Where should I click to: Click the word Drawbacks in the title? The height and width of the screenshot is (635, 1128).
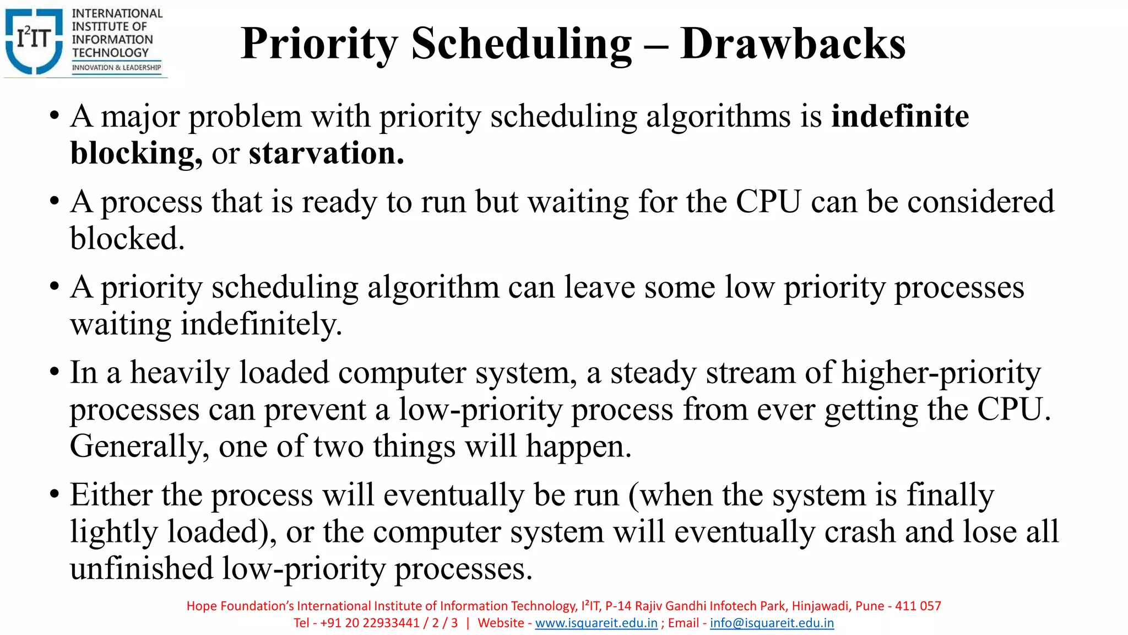click(x=793, y=44)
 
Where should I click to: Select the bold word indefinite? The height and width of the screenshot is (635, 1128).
click(x=900, y=116)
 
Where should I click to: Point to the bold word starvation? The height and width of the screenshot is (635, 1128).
click(x=326, y=153)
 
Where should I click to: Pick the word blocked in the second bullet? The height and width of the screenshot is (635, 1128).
click(x=127, y=239)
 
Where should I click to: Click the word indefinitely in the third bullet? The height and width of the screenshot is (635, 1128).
click(x=261, y=324)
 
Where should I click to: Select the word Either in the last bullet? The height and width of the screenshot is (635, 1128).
click(x=111, y=495)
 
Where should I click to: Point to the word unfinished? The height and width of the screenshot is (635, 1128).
click(x=142, y=568)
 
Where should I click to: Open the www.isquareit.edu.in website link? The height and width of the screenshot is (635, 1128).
click(x=596, y=623)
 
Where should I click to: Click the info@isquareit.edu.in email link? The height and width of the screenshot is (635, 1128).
click(x=772, y=623)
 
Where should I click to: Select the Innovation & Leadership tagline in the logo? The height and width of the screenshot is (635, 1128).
click(x=116, y=68)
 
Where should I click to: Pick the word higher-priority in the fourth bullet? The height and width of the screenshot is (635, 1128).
click(x=941, y=373)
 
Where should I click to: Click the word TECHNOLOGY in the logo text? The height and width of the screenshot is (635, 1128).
click(x=110, y=53)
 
